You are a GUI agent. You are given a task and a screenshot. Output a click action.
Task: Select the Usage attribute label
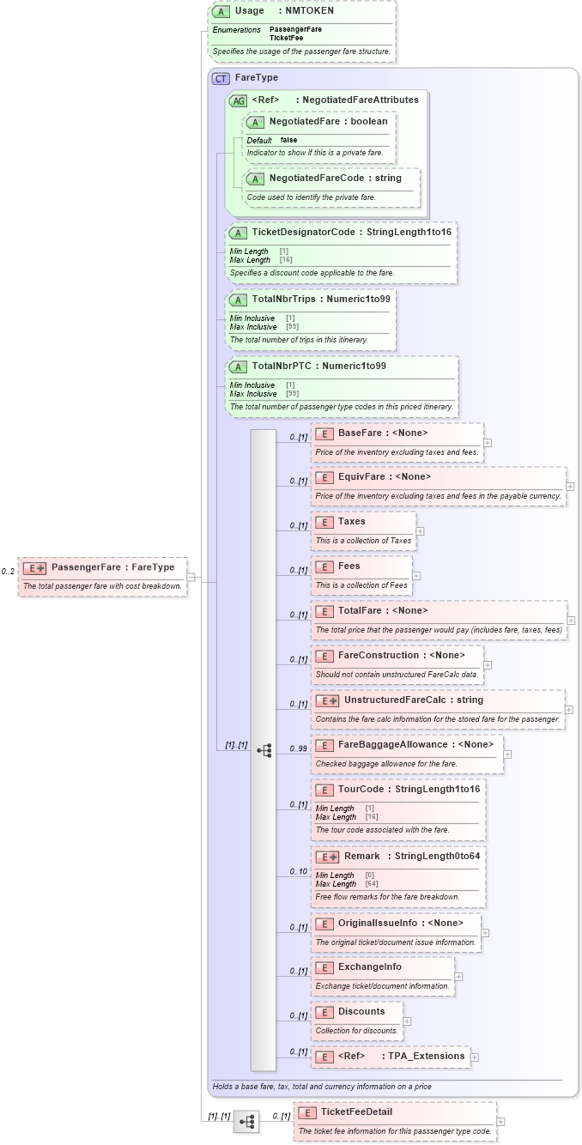click(x=249, y=11)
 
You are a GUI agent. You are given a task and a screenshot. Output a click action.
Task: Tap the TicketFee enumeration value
click(x=286, y=38)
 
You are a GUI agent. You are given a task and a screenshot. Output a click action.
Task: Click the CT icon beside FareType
click(x=221, y=78)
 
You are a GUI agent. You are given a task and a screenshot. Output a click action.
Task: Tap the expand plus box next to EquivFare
click(x=570, y=487)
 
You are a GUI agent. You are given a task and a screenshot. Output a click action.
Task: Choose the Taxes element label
click(x=351, y=522)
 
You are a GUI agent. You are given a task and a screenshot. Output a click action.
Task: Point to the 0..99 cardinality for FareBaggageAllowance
click(x=297, y=749)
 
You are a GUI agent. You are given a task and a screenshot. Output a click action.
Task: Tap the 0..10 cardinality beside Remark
click(x=297, y=872)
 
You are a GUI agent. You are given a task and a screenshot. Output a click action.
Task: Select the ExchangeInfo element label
click(x=369, y=967)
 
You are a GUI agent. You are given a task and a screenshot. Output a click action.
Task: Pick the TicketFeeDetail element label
click(x=356, y=1112)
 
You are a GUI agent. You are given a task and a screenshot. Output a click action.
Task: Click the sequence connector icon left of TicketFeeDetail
click(x=246, y=1121)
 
